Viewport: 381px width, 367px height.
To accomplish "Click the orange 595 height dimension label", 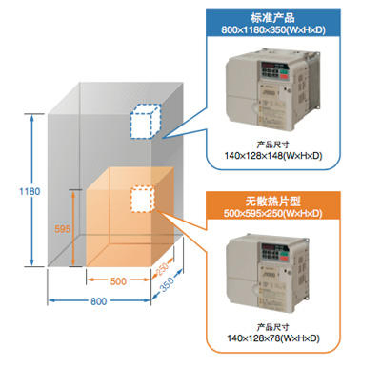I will click(61, 228).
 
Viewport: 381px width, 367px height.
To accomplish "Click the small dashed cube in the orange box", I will click(143, 200).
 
